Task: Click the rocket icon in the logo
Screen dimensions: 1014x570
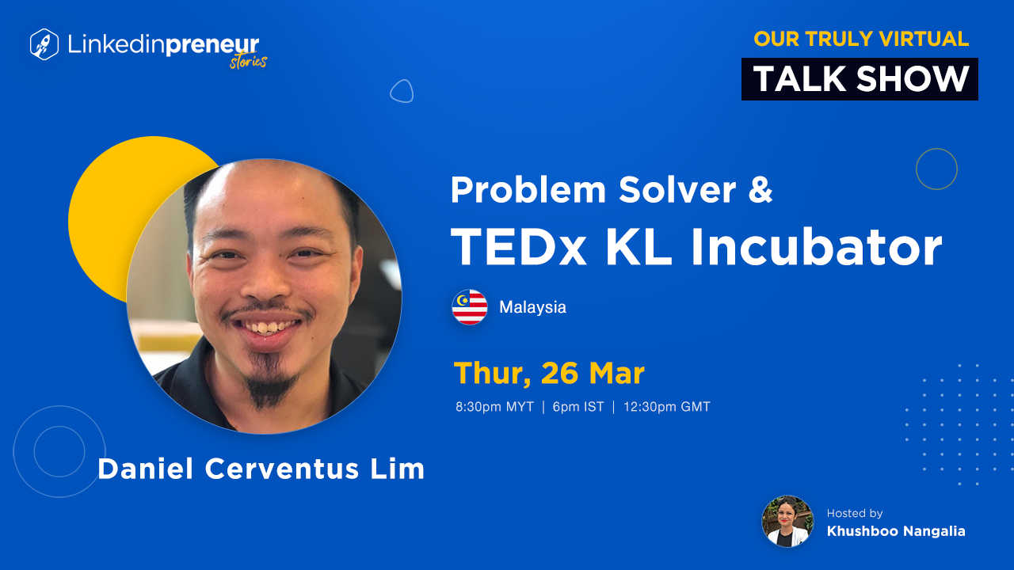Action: pyautogui.click(x=44, y=44)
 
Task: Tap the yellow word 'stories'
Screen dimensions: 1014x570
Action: pyautogui.click(x=248, y=62)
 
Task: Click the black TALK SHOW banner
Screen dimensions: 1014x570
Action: pyautogui.click(x=860, y=79)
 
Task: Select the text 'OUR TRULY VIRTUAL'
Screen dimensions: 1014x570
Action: pyautogui.click(x=861, y=39)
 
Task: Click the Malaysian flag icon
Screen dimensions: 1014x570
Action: pyautogui.click(x=470, y=307)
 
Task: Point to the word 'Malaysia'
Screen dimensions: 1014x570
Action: pyautogui.click(x=532, y=307)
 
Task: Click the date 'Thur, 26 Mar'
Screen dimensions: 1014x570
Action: pyautogui.click(x=549, y=373)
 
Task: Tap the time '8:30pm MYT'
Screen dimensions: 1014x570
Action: pyautogui.click(x=494, y=407)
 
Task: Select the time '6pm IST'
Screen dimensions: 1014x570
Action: pyautogui.click(x=578, y=407)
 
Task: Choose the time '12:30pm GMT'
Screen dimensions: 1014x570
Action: pyautogui.click(x=667, y=407)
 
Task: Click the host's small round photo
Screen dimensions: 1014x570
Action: pyautogui.click(x=787, y=521)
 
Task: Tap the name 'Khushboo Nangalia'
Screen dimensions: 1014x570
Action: pyautogui.click(x=896, y=531)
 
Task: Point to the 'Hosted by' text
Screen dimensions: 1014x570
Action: pyautogui.click(x=855, y=513)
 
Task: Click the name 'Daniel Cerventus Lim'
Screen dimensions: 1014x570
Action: pyautogui.click(x=261, y=469)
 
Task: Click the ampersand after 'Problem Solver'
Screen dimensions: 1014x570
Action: pyautogui.click(x=760, y=189)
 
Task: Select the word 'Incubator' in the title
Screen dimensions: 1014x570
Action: pyautogui.click(x=816, y=247)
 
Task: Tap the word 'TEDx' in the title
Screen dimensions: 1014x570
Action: pyautogui.click(x=519, y=247)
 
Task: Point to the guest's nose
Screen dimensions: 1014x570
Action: pyautogui.click(x=269, y=280)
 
